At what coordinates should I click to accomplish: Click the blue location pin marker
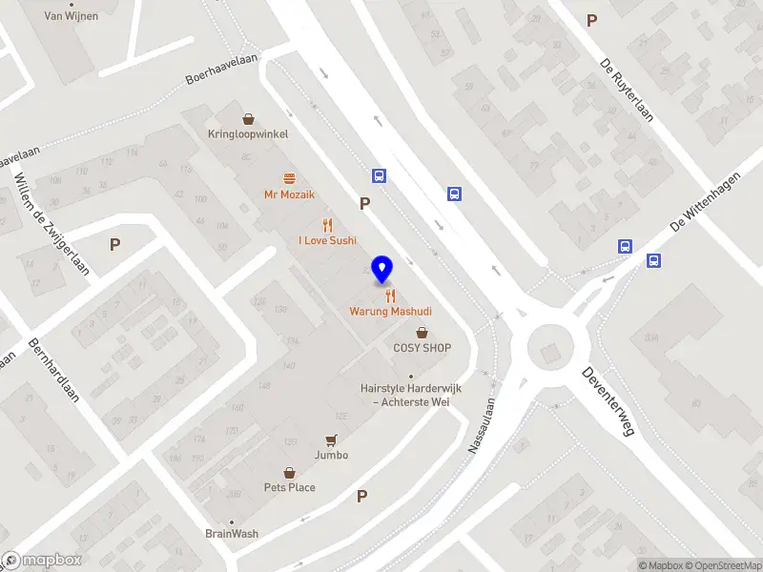382,270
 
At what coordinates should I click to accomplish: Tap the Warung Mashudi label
390,312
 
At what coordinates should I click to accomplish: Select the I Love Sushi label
327,240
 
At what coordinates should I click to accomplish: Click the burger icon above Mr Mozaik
289,178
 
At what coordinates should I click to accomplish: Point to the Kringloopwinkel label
248,134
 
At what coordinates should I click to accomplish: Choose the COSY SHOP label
422,348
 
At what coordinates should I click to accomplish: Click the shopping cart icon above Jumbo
331,440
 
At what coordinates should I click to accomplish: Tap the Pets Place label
289,487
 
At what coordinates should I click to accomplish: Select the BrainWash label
231,534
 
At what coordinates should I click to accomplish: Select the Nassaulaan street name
485,425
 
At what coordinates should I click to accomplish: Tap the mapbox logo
42,561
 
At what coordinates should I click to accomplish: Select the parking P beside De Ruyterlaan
592,20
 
